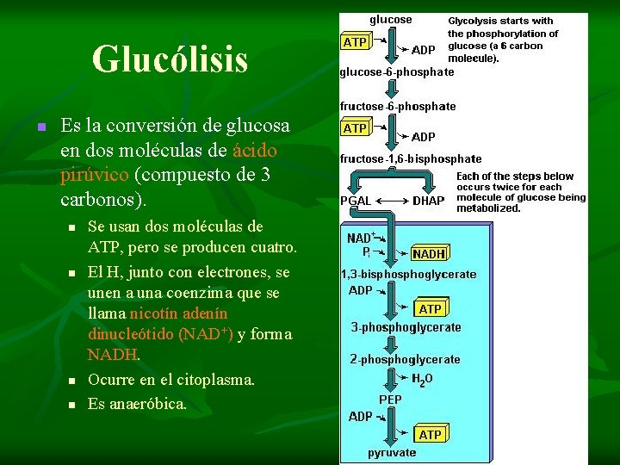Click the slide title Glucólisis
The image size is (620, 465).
(x=170, y=59)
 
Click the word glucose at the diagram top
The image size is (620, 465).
(x=390, y=19)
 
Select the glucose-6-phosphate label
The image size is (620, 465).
(x=396, y=72)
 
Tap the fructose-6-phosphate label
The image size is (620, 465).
(x=398, y=106)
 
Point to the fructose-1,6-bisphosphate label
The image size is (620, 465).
(x=411, y=158)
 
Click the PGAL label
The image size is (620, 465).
(x=356, y=201)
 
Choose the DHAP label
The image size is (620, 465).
(x=429, y=201)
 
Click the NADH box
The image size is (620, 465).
(x=429, y=254)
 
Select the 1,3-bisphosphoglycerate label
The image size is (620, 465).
(x=408, y=274)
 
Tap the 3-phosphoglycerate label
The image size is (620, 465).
(x=406, y=327)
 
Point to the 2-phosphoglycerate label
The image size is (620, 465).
(x=405, y=359)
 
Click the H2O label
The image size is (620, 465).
(x=422, y=379)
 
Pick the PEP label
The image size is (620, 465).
(x=390, y=400)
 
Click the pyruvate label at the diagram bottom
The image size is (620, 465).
(x=392, y=452)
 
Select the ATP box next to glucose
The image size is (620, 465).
(x=355, y=41)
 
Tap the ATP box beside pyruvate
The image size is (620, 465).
(x=430, y=435)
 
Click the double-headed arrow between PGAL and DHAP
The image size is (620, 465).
(x=393, y=201)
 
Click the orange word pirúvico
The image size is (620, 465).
(x=96, y=175)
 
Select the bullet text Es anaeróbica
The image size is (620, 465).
(x=137, y=403)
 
